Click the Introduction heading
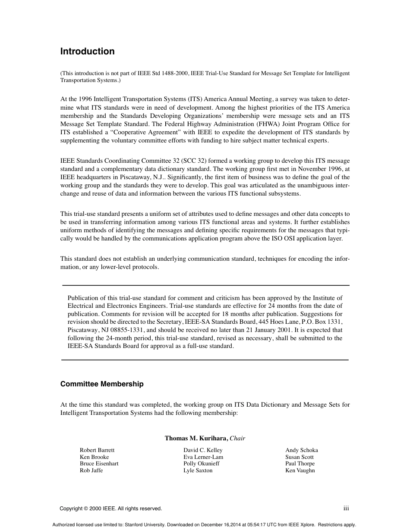click(x=87, y=51)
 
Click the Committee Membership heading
click(x=102, y=384)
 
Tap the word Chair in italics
click(x=237, y=438)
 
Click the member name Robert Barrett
click(x=97, y=450)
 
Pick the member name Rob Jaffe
click(x=91, y=471)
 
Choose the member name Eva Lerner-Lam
click(x=203, y=457)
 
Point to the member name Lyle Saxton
click(x=198, y=471)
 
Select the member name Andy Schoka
click(x=301, y=450)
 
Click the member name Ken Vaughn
click(x=300, y=471)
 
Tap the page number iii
click(x=346, y=509)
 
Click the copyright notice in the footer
click(x=111, y=509)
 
